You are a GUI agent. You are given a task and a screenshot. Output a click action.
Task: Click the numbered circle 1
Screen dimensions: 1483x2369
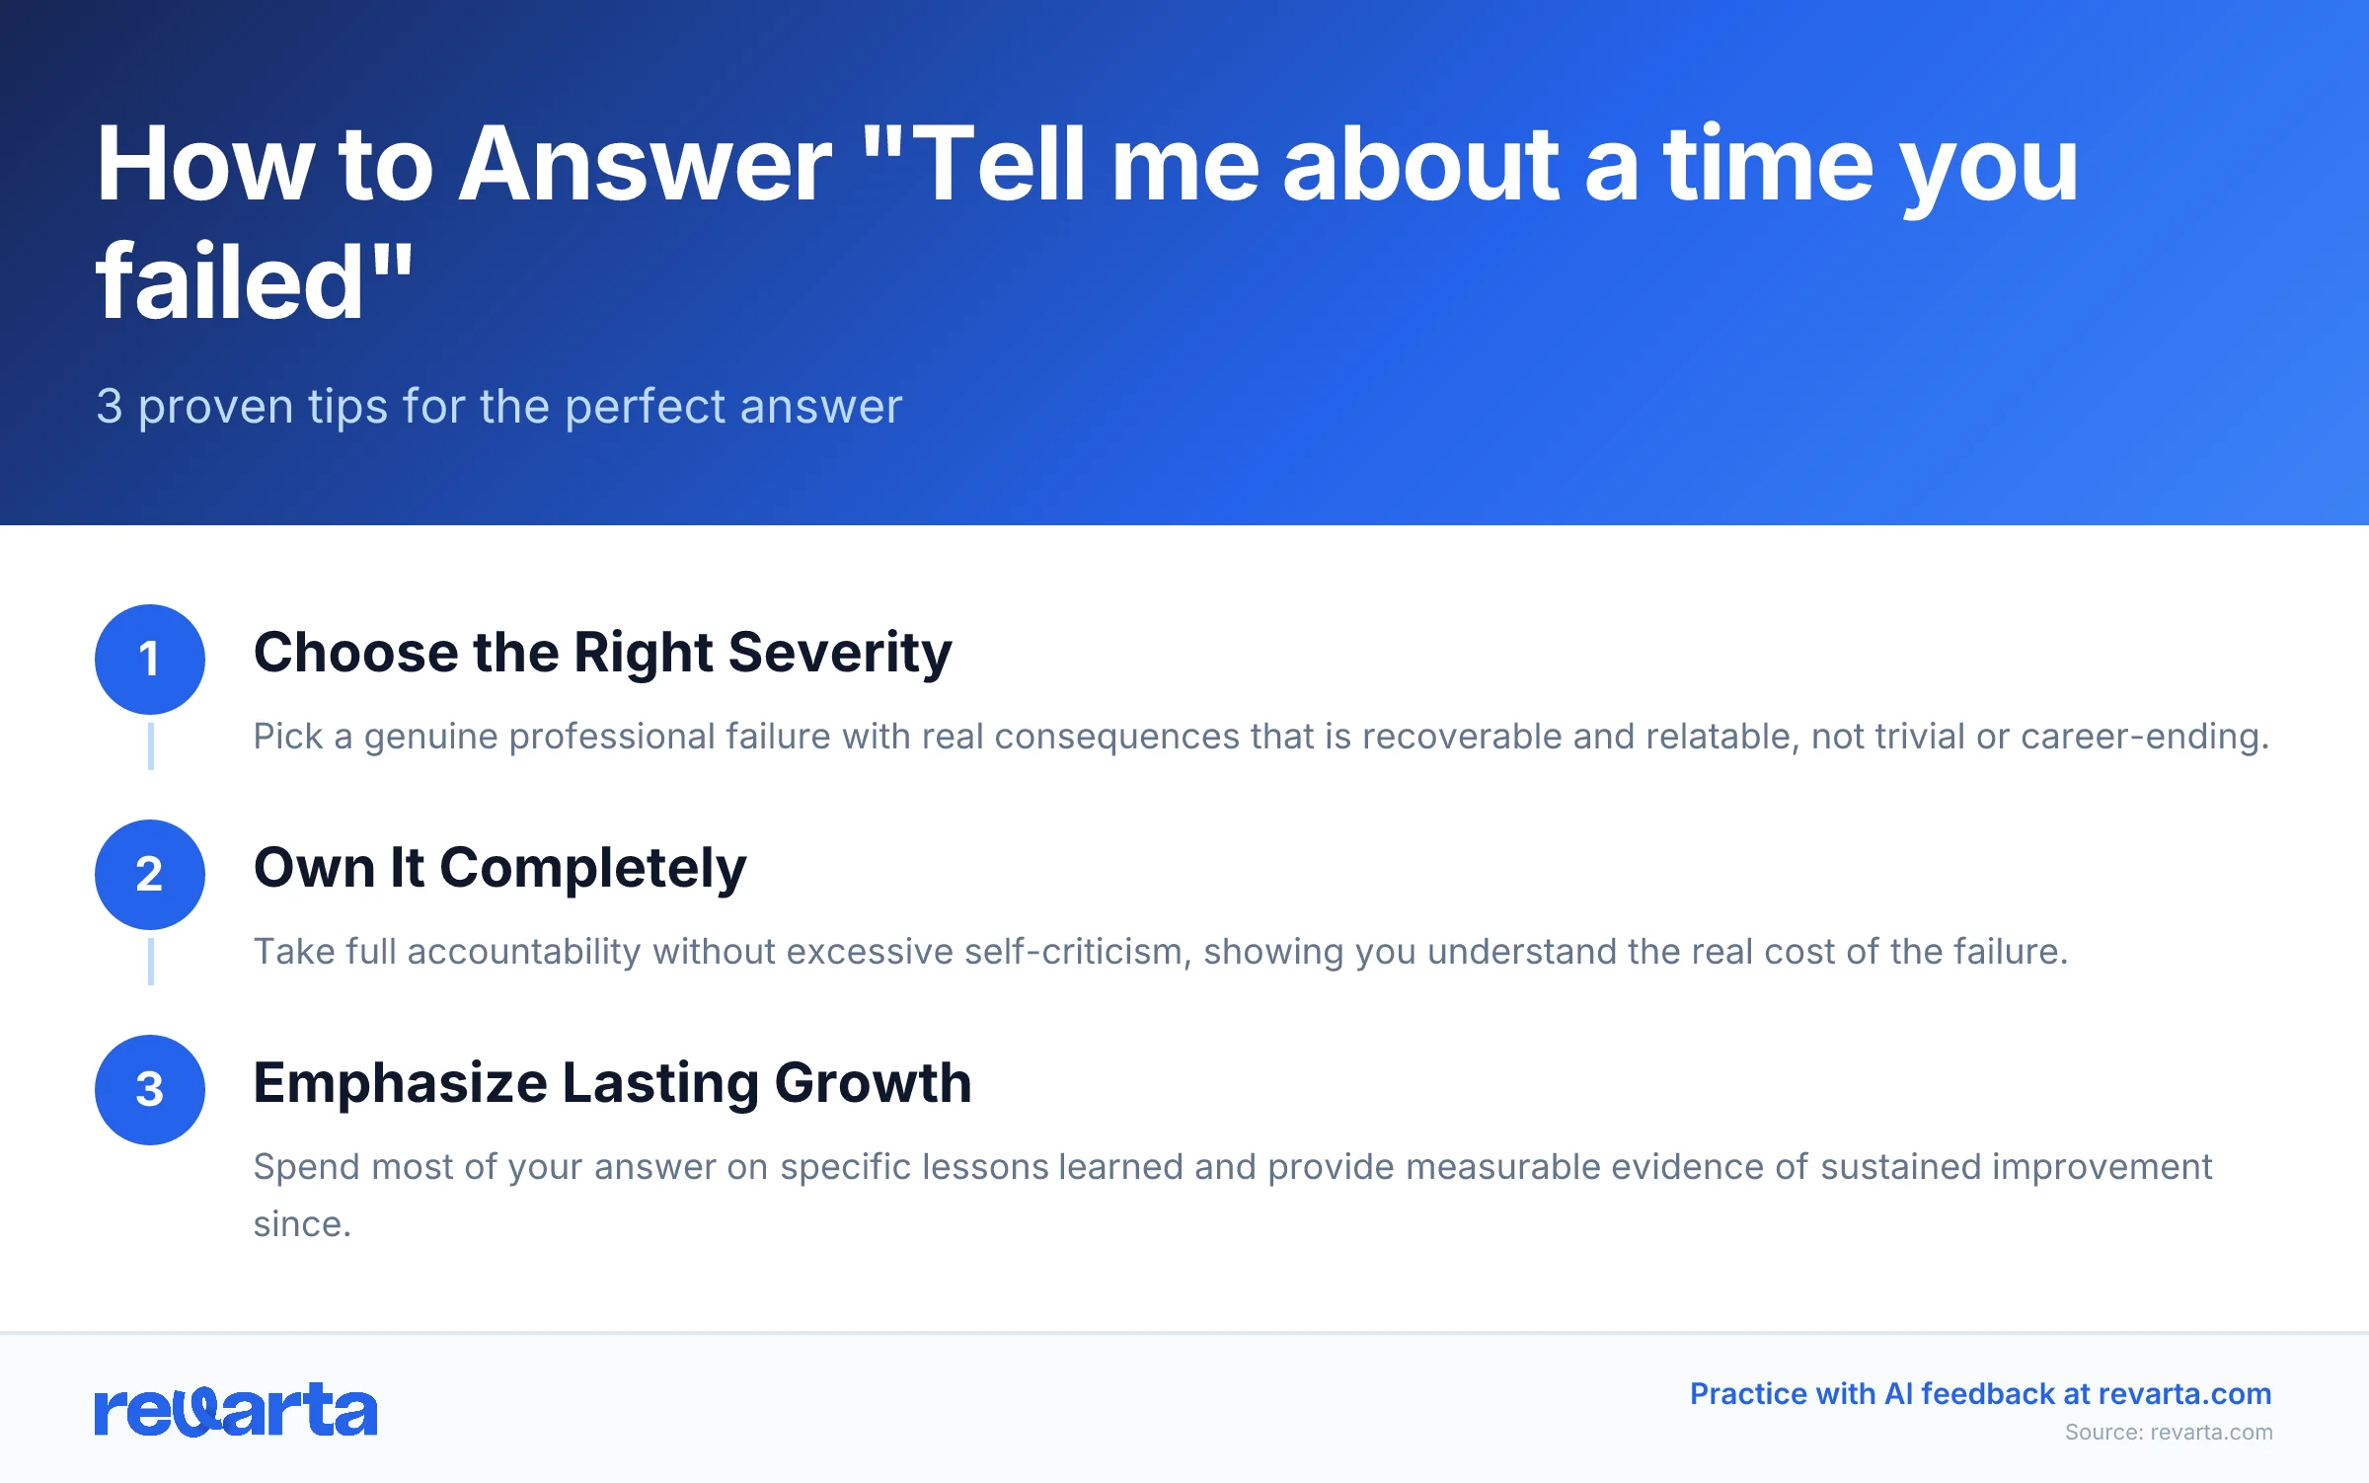(x=150, y=660)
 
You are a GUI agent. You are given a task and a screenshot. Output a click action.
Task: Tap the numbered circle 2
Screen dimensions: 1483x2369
(x=150, y=875)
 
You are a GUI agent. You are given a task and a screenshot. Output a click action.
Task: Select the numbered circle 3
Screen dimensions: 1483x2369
(x=150, y=1090)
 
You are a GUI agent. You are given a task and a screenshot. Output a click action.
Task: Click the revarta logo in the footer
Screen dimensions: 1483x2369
(x=235, y=1410)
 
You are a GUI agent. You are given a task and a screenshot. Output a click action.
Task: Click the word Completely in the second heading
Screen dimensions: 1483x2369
(x=592, y=869)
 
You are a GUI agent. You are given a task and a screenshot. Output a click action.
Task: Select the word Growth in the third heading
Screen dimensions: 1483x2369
(x=873, y=1083)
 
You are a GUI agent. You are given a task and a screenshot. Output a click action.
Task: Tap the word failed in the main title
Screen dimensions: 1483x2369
(x=229, y=284)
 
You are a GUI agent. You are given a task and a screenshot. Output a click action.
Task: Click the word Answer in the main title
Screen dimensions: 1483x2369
(x=647, y=166)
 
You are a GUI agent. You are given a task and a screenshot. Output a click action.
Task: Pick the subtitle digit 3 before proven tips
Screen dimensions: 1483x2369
(x=110, y=407)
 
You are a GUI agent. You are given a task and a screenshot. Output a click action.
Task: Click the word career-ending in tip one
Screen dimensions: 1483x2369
(x=2144, y=737)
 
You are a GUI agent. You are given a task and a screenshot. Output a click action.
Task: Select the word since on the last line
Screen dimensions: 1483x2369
(x=301, y=1224)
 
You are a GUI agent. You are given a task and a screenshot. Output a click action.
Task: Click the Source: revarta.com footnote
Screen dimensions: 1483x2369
(x=2168, y=1433)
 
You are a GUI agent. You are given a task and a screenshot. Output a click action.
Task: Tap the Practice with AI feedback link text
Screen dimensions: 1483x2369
(x=1980, y=1394)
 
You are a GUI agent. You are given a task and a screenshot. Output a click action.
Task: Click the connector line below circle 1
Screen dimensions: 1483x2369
(x=150, y=746)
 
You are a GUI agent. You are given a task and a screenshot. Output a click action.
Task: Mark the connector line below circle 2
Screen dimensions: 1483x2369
(x=150, y=962)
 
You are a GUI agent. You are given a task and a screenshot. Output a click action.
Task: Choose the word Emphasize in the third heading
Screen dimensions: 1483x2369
(x=401, y=1083)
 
